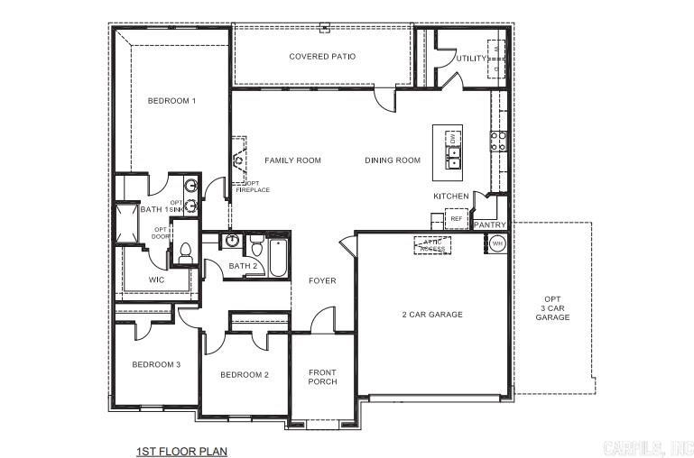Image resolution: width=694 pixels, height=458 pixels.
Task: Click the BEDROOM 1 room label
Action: click(x=171, y=101)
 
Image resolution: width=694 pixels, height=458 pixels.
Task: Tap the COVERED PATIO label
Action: click(x=322, y=57)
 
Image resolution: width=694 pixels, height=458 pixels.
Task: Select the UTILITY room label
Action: click(x=471, y=59)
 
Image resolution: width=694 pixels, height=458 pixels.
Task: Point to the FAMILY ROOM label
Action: click(x=292, y=160)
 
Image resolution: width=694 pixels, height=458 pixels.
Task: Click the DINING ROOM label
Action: click(x=393, y=160)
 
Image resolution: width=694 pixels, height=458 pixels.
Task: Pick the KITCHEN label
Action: click(x=451, y=196)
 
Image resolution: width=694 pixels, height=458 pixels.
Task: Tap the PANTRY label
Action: click(x=490, y=224)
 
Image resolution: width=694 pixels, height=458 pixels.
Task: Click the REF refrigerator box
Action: click(x=456, y=219)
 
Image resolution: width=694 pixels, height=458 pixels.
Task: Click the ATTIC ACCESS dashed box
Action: click(x=432, y=245)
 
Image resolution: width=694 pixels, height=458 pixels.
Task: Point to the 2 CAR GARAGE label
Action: click(x=432, y=315)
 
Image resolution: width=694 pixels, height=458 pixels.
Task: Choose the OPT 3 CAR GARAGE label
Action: click(x=552, y=308)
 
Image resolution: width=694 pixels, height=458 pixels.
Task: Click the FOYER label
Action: click(x=322, y=281)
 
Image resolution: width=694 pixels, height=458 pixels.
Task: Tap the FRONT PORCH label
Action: click(x=322, y=377)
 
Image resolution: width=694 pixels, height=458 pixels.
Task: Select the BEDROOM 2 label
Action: click(x=245, y=374)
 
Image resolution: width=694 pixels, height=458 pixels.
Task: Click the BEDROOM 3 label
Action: click(x=156, y=364)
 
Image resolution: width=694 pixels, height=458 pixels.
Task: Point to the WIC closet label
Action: click(x=156, y=280)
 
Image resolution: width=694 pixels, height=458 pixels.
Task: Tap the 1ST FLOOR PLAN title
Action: click(x=181, y=450)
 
